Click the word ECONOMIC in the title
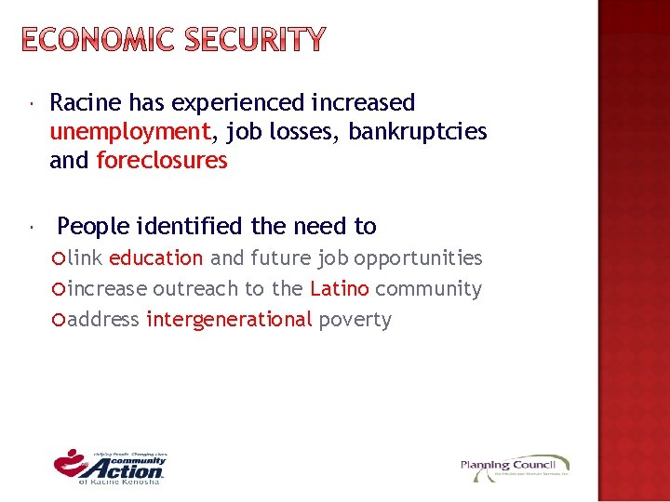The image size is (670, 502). (95, 40)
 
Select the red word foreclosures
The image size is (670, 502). (162, 161)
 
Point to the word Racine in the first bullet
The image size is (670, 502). (86, 102)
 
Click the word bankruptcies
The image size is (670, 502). (418, 132)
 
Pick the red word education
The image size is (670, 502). (155, 258)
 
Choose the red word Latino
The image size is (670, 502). (340, 289)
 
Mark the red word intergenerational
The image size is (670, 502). (229, 320)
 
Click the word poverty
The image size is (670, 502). (355, 320)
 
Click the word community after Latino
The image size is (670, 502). (428, 289)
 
